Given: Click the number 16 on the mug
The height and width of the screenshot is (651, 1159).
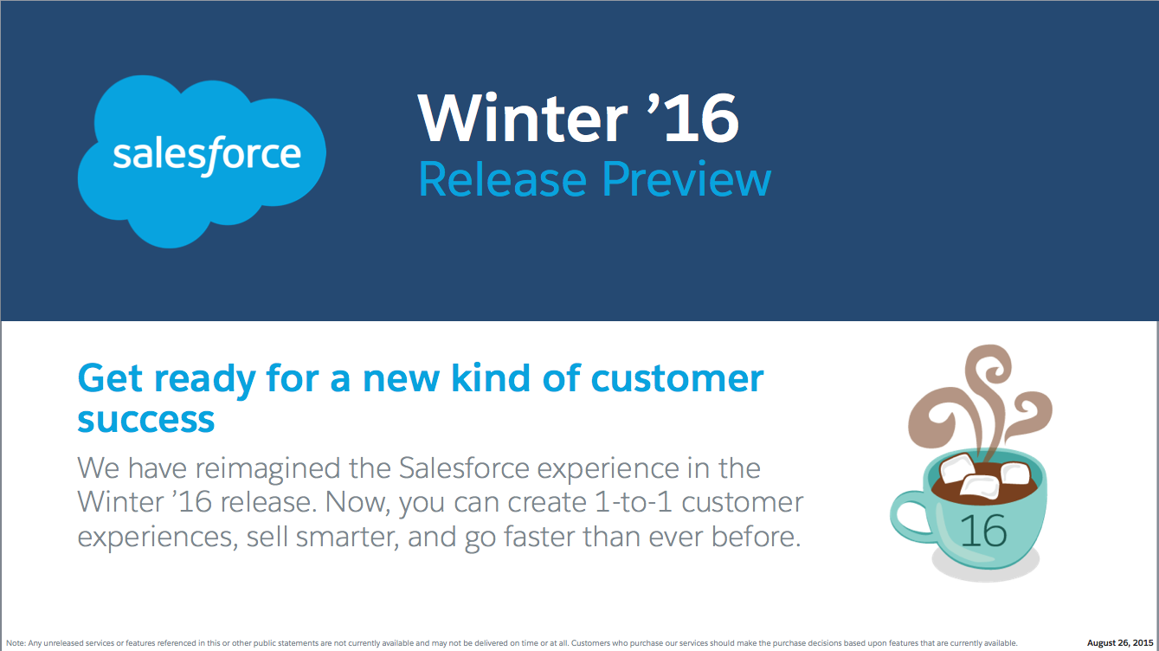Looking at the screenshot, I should [x=983, y=531].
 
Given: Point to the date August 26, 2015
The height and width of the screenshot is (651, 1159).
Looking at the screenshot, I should [x=1120, y=643].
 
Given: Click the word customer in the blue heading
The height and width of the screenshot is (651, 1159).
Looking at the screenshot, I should [x=676, y=379].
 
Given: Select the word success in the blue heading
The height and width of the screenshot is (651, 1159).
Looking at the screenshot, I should [x=146, y=420].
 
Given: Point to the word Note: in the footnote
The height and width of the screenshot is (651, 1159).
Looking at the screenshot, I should [x=16, y=643].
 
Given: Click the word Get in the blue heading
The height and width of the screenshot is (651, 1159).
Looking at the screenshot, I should [x=107, y=379].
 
